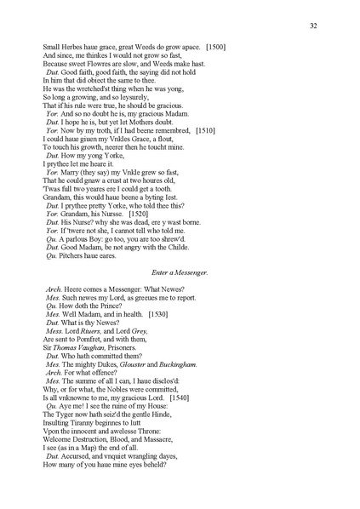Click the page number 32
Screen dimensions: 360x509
[313, 26]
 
